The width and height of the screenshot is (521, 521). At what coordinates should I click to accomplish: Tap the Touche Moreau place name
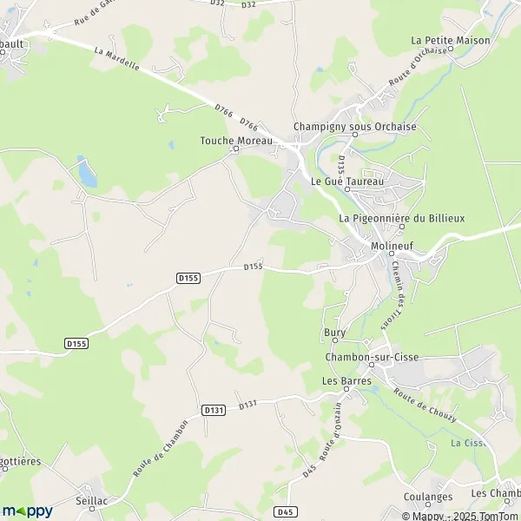236,141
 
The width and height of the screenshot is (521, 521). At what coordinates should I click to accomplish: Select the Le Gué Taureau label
346,181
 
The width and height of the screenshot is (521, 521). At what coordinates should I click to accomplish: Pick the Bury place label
334,333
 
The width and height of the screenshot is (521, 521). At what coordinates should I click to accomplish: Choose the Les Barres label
346,380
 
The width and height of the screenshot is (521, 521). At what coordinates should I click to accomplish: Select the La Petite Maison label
451,40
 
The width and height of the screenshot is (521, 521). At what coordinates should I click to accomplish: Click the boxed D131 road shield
214,409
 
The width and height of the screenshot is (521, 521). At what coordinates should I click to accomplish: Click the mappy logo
29,511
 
